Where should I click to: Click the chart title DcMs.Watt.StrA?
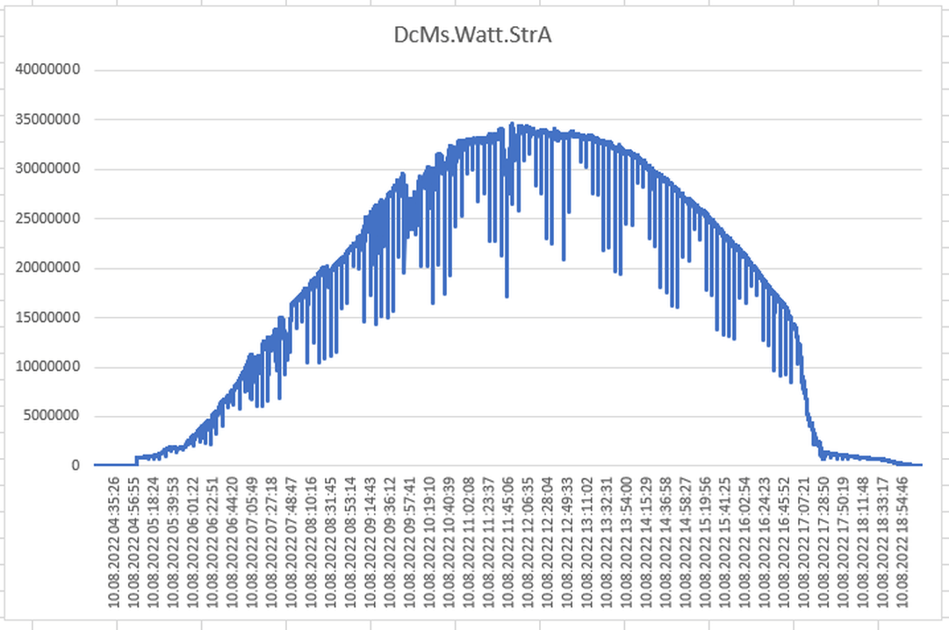tap(474, 36)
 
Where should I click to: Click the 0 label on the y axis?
tap(76, 466)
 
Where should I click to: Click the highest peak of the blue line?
tap(512, 124)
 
